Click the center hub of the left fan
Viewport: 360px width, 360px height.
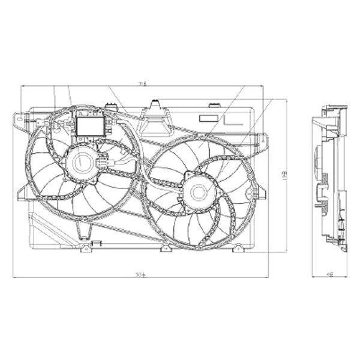click(x=80, y=162)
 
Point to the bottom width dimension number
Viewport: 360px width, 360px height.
click(x=141, y=275)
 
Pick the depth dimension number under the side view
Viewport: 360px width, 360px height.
click(x=329, y=275)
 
